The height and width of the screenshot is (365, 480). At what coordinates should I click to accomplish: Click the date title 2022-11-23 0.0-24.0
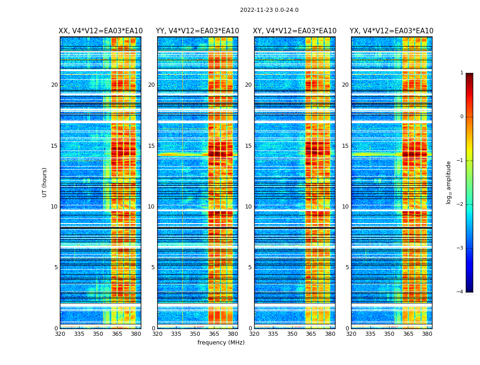(269, 10)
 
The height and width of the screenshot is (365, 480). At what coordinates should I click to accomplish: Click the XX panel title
(101, 31)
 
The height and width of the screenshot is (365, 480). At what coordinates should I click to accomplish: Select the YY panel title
(197, 31)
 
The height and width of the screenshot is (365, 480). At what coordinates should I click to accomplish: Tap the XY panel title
(295, 31)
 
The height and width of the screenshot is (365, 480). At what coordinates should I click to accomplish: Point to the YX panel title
(391, 31)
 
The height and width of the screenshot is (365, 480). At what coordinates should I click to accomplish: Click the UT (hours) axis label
(45, 182)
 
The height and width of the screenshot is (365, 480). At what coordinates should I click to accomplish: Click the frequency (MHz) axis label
(221, 343)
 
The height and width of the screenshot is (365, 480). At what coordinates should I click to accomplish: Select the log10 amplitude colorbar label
(449, 182)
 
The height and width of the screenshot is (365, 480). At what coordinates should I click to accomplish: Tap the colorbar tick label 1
(462, 73)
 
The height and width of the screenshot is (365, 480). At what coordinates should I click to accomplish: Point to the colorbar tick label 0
(462, 117)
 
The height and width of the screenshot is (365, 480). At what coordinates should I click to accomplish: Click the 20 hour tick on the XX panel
(54, 85)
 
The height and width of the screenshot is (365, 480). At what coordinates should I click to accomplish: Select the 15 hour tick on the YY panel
(151, 146)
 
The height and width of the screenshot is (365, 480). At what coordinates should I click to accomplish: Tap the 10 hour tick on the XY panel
(248, 207)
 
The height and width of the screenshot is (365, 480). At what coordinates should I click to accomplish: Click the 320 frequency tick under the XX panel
(60, 334)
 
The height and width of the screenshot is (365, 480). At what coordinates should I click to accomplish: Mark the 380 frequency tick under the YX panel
(427, 334)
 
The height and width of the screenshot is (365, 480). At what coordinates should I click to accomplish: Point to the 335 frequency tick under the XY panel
(273, 334)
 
